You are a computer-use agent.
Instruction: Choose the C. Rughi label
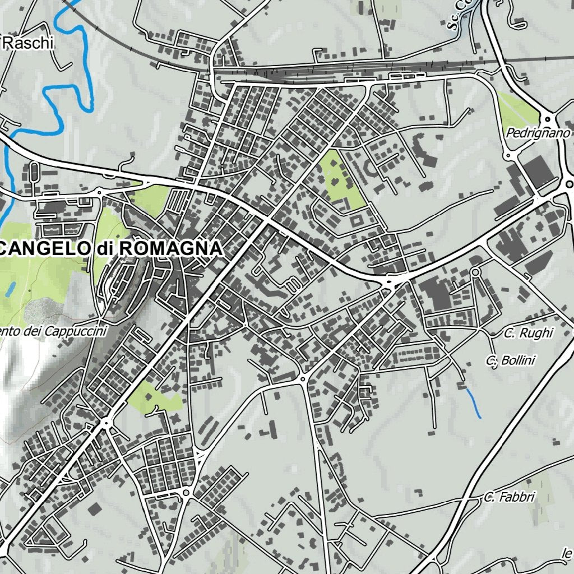tap(527, 333)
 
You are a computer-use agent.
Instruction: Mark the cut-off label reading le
tap(567, 554)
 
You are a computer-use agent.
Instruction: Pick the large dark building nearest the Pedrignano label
tap(539, 170)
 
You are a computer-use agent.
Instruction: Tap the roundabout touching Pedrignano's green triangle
tap(547, 119)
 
